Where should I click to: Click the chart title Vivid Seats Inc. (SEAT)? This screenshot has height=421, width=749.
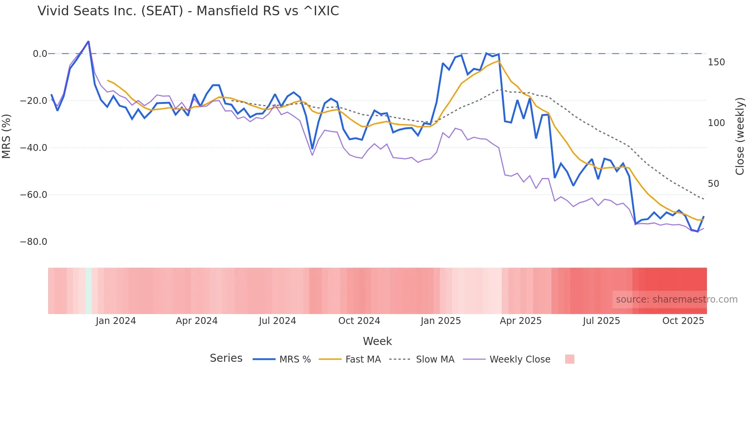point(188,11)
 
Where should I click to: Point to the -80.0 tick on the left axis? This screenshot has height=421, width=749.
point(34,242)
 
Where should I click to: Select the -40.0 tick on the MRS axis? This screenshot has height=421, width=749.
point(34,148)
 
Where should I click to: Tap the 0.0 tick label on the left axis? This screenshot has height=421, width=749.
point(40,54)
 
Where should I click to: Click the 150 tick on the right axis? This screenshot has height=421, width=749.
point(716,62)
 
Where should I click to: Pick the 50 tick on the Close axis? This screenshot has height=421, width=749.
point(713,184)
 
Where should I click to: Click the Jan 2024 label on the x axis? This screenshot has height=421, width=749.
point(116,321)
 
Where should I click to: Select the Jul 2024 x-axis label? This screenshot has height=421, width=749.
point(277,321)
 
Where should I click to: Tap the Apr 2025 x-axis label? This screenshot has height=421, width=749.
point(520,321)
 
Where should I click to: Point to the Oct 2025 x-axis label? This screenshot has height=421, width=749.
point(683,321)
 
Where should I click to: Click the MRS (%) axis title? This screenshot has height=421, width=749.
point(6,136)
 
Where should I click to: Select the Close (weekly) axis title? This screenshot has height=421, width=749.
point(740,136)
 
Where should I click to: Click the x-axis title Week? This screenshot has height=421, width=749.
point(377,341)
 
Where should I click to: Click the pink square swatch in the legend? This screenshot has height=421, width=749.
point(569,359)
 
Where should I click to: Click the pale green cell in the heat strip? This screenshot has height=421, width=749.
point(89,291)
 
